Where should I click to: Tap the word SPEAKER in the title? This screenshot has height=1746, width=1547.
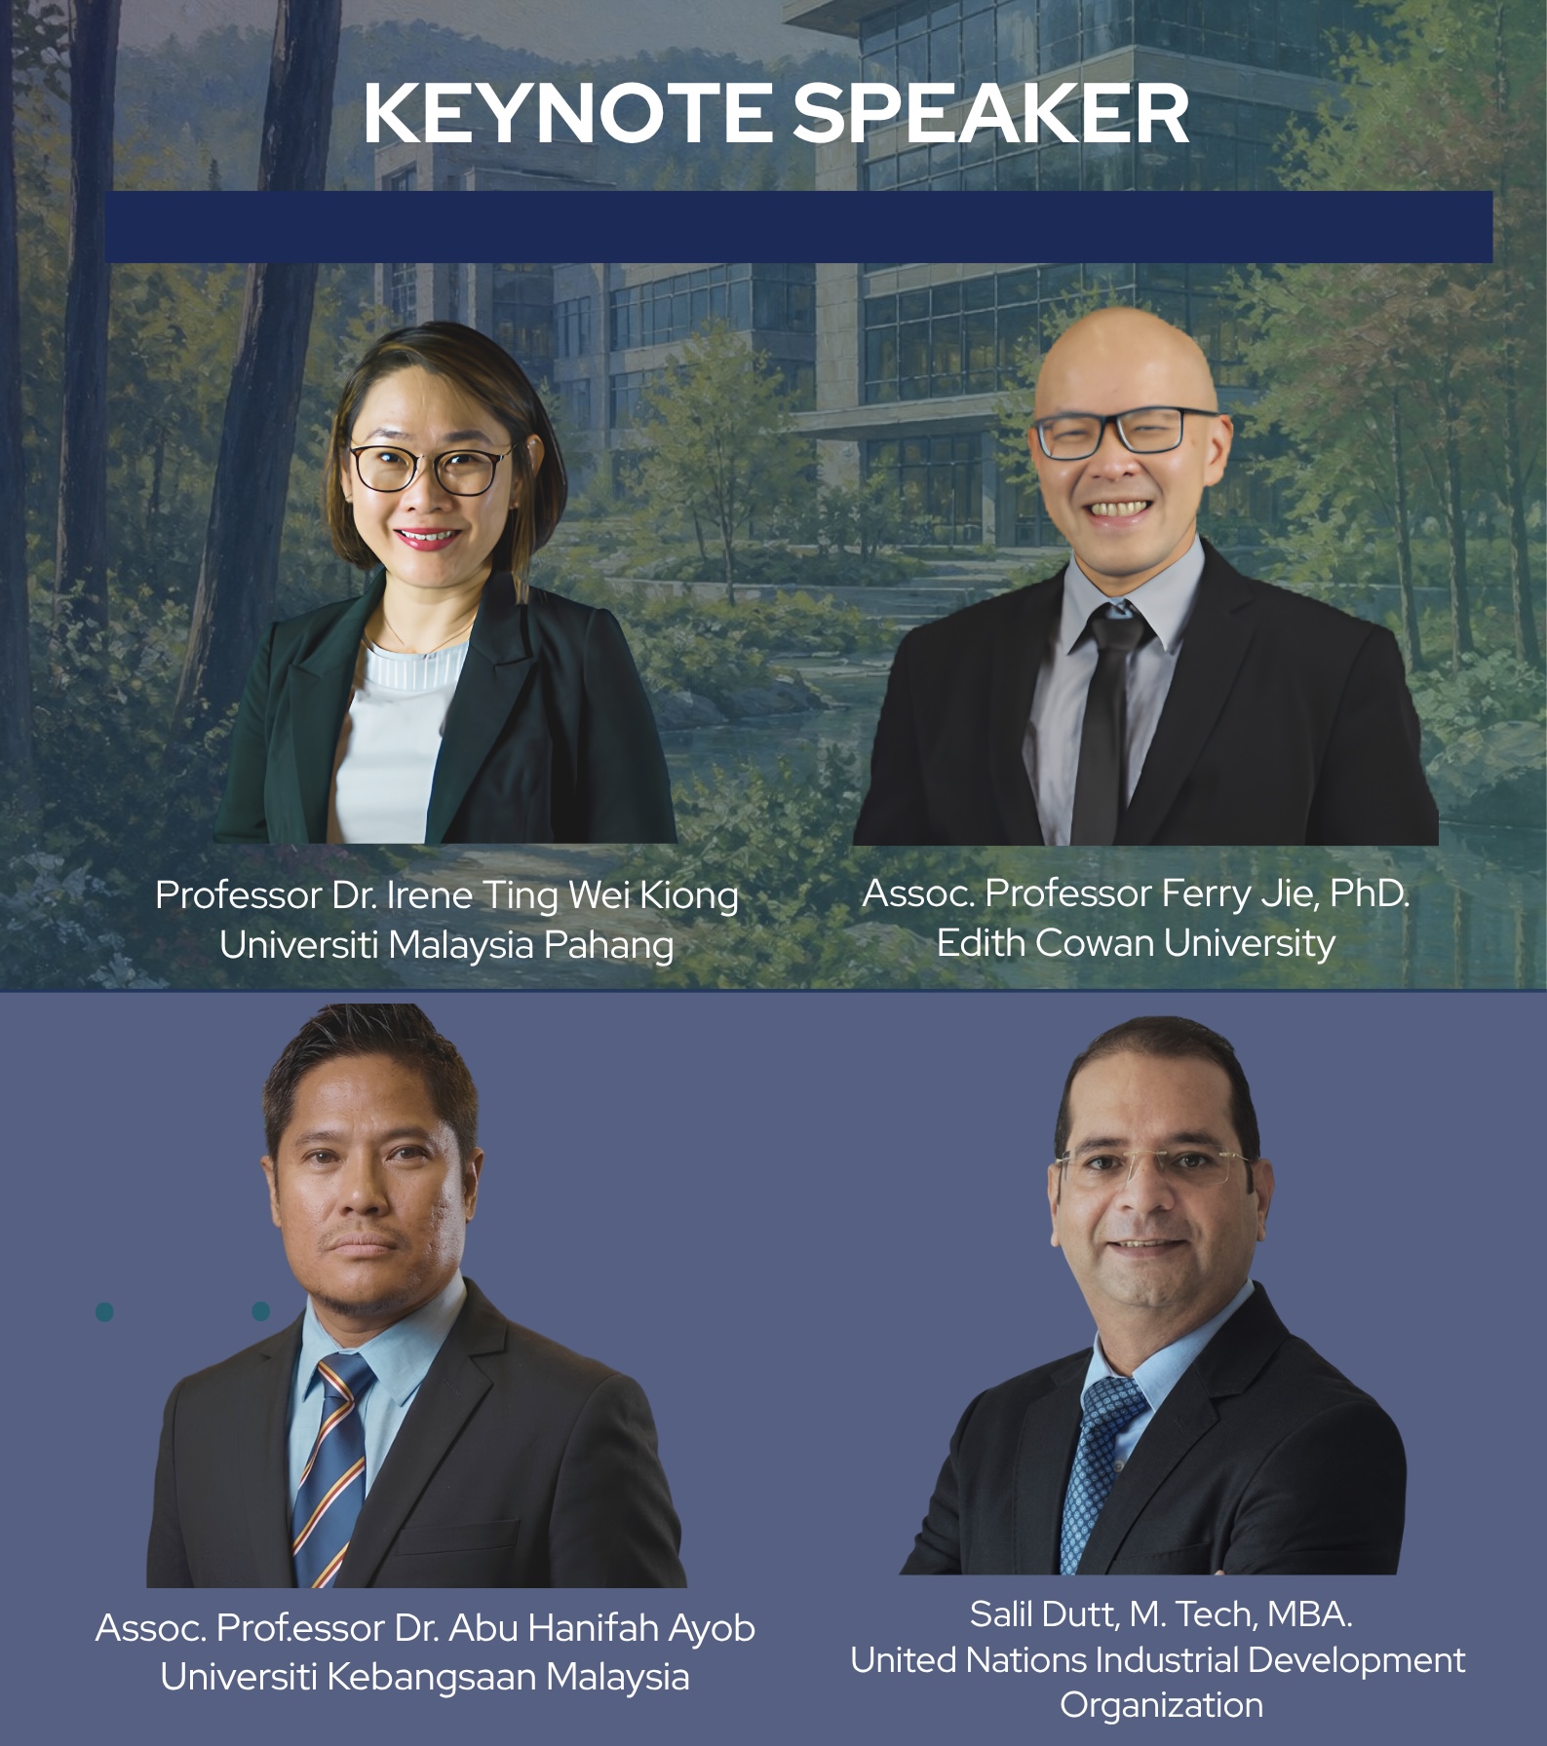pos(990,114)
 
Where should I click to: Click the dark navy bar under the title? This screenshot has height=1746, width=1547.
pos(798,226)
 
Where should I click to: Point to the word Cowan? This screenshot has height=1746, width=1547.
pos(1096,942)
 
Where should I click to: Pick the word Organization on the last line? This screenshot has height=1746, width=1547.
pos(1161,1705)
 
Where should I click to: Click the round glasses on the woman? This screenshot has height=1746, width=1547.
pos(433,468)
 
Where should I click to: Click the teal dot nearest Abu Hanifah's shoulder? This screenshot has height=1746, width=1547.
pos(260,1311)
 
